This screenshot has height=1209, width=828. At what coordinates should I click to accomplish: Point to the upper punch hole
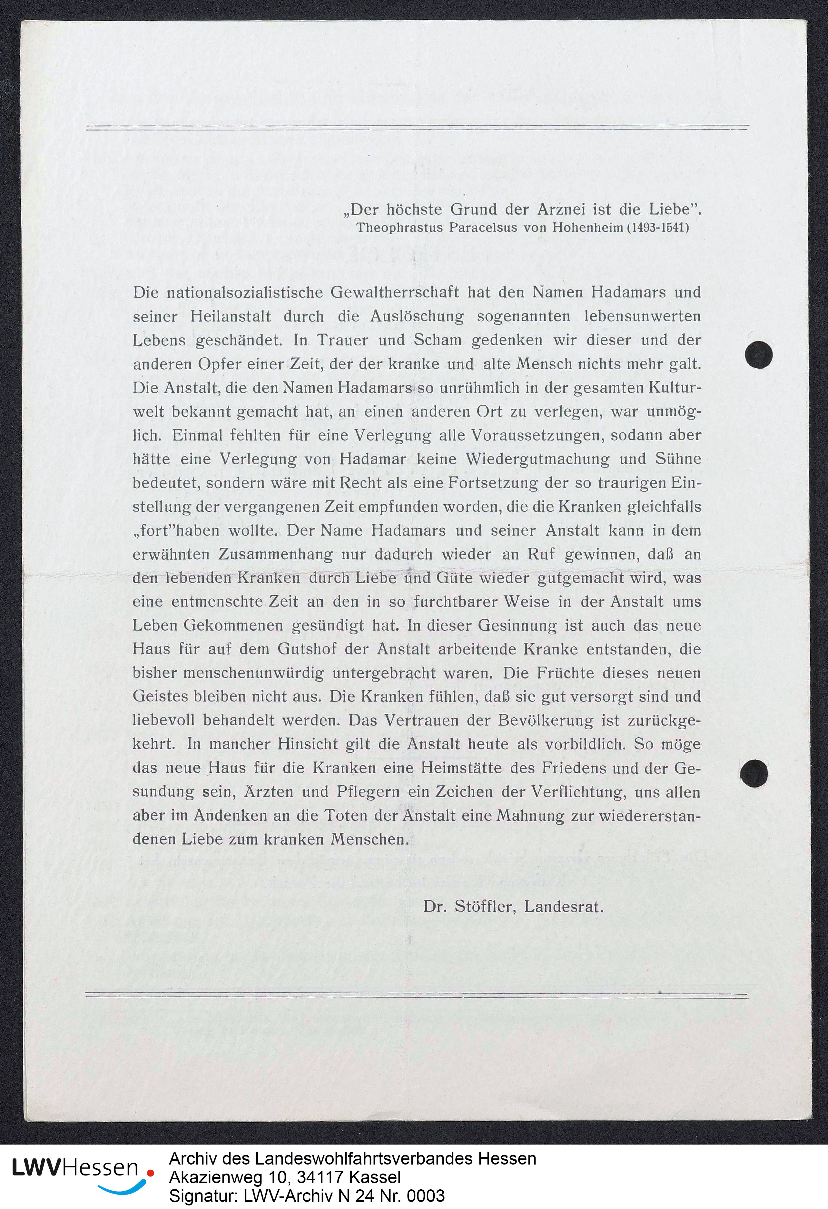758,355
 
